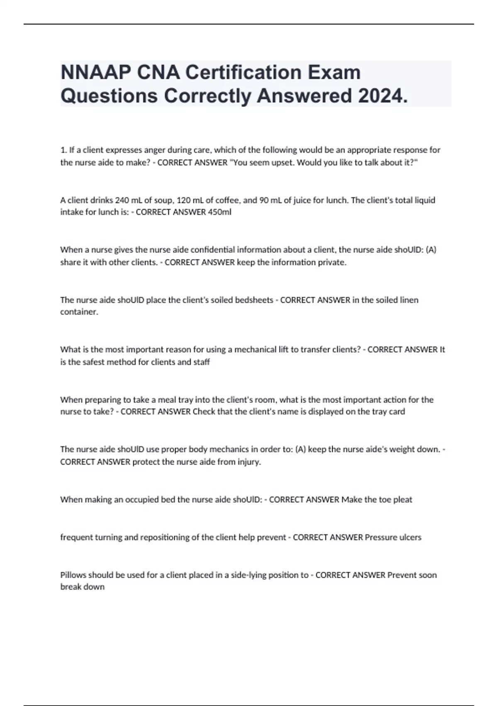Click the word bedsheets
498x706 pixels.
point(254,300)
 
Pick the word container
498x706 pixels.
point(79,312)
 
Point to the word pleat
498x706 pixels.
point(403,500)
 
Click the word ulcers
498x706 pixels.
point(410,537)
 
